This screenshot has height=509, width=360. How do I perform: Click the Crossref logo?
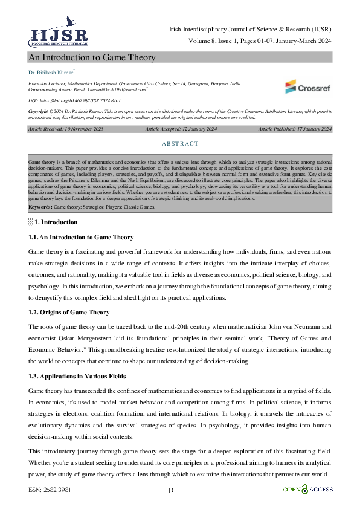pos(308,86)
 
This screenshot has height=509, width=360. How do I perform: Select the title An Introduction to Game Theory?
pos(92,57)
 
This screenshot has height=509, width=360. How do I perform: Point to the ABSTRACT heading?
pos(180,144)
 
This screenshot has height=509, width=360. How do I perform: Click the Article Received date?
pos(66,129)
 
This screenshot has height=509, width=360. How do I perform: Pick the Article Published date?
pos(295,129)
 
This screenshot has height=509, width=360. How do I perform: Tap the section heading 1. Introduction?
pos(56,222)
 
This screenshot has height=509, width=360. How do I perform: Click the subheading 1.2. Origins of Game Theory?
pos(69,312)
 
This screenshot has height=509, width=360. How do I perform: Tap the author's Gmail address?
pos(115,89)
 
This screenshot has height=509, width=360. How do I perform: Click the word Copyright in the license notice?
pos(40,112)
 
